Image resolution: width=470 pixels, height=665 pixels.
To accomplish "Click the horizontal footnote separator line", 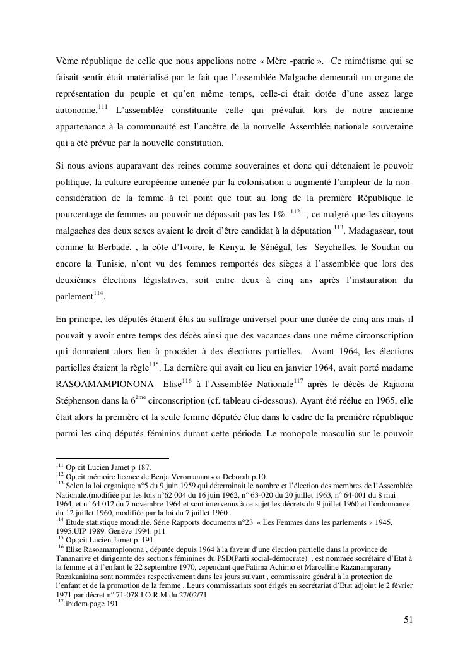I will (112, 459).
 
